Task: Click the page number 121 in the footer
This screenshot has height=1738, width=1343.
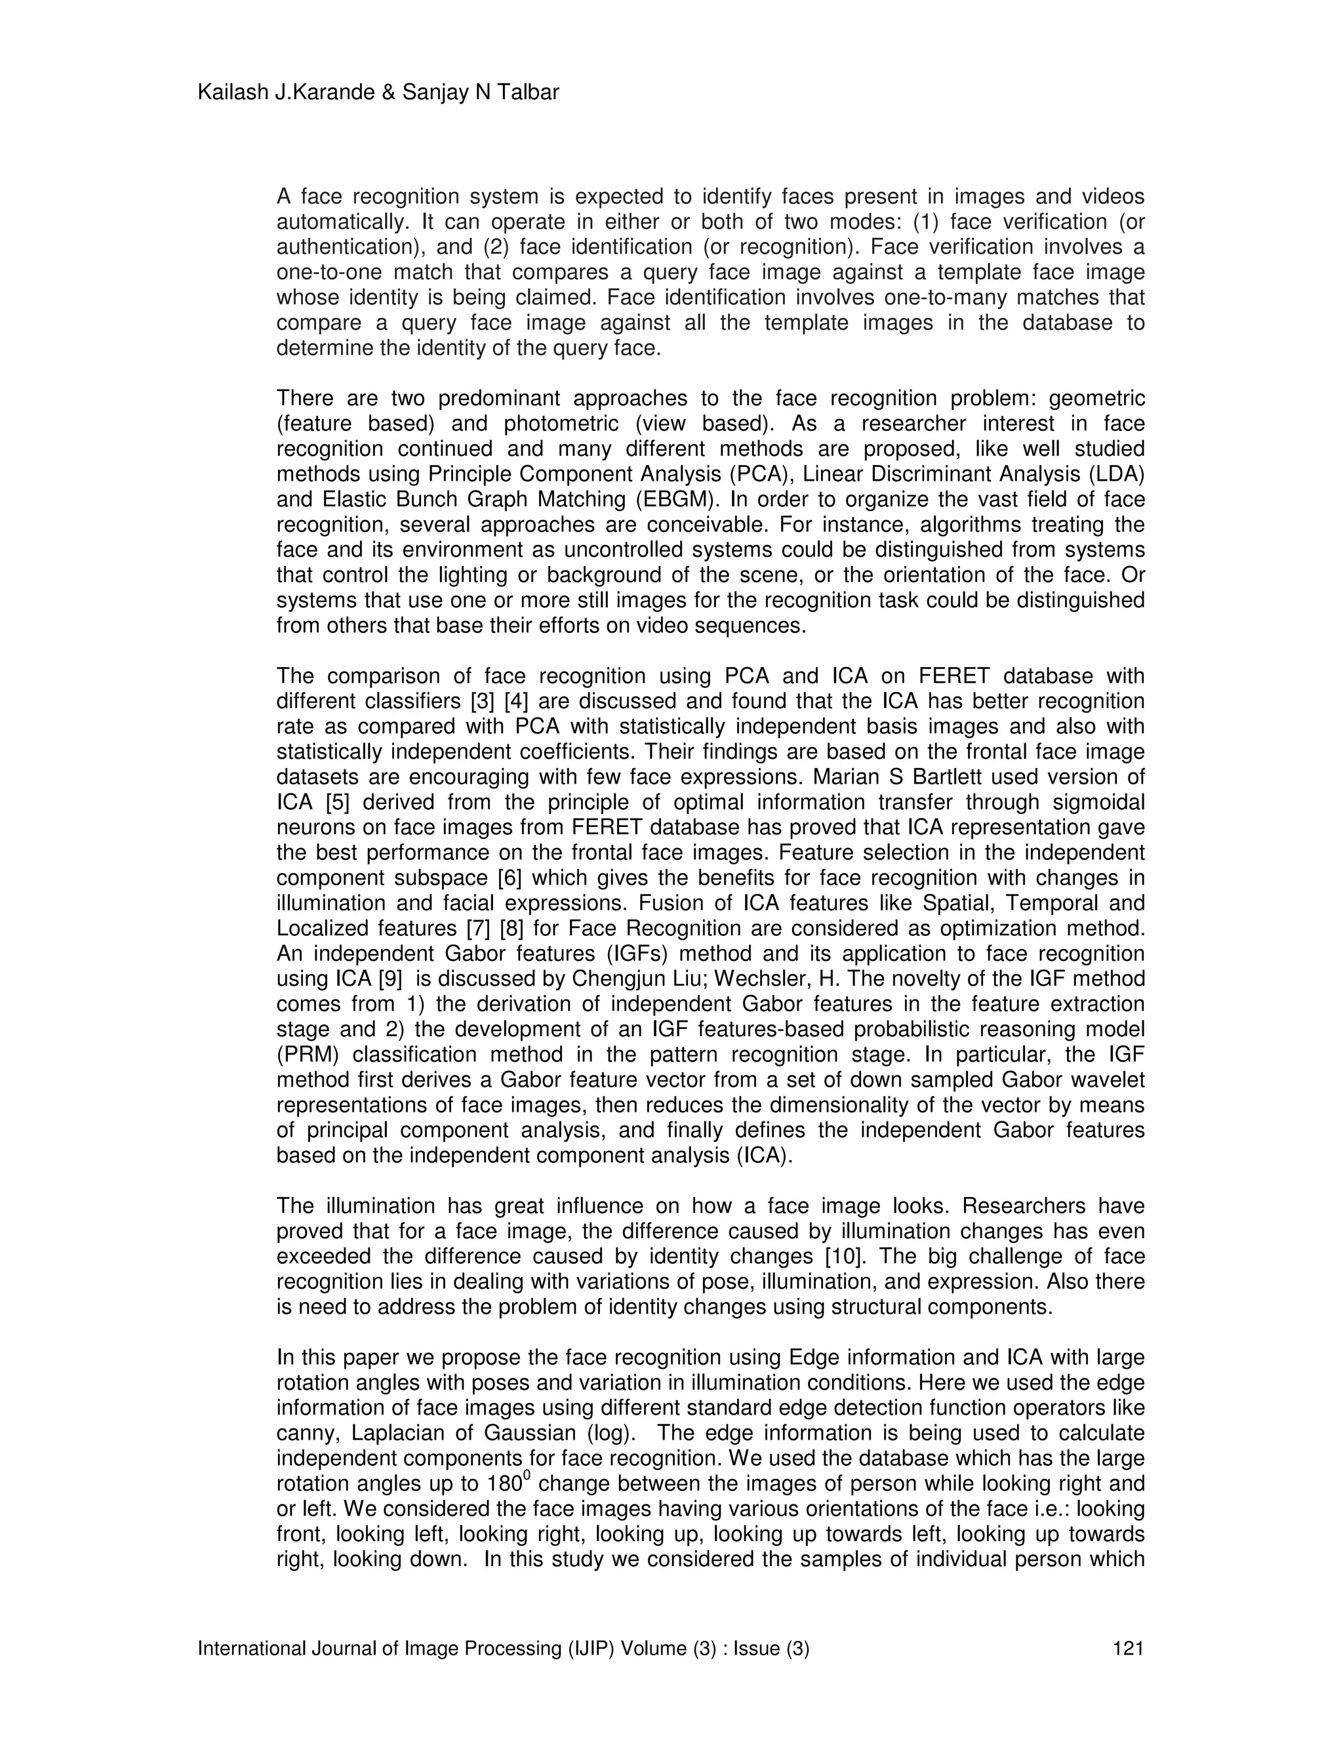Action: [x=1127, y=1648]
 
